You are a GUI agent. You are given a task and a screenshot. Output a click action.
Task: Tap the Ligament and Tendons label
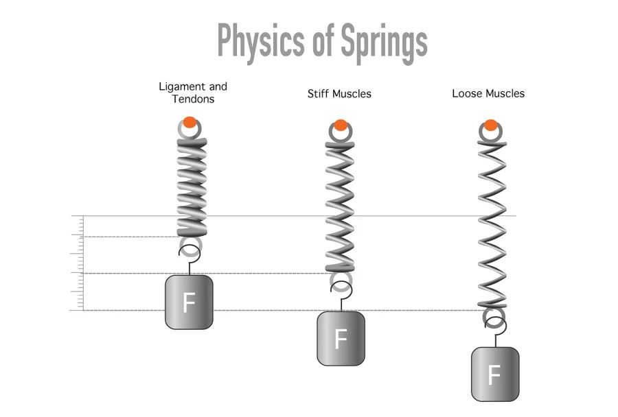click(x=193, y=93)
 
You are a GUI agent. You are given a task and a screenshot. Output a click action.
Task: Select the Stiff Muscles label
click(x=339, y=93)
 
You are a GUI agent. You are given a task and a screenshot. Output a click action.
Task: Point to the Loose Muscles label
click(x=488, y=93)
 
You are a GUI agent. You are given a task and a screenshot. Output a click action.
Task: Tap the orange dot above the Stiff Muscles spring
click(x=340, y=125)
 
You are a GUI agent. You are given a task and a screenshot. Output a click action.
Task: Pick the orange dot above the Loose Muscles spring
click(x=490, y=125)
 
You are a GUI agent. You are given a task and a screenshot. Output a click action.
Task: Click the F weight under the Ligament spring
click(x=189, y=302)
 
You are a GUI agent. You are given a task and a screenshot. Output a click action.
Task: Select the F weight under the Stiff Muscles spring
click(x=341, y=338)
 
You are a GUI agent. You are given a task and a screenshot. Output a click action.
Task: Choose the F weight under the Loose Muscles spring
click(x=494, y=374)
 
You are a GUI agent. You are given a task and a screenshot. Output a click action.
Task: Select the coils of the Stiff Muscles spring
click(x=340, y=206)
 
